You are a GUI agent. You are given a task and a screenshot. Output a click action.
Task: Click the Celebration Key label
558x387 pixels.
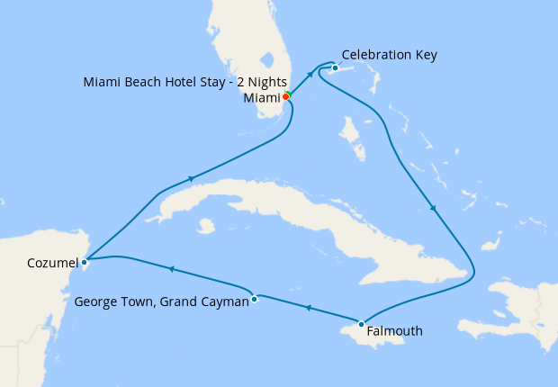click(390, 55)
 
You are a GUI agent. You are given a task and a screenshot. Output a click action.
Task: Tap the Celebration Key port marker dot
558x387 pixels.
click(335, 67)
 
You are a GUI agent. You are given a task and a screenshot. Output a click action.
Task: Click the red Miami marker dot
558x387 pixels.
click(285, 96)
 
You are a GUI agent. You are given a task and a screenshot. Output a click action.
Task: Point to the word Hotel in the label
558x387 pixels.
click(184, 82)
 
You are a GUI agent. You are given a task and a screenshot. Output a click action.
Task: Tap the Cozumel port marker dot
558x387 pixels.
click(84, 263)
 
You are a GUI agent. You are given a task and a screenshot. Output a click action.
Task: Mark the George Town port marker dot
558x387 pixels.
click(255, 299)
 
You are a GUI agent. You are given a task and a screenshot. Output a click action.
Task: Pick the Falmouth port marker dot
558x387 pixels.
click(361, 324)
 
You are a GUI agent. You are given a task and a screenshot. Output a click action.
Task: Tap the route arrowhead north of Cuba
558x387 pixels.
click(191, 179)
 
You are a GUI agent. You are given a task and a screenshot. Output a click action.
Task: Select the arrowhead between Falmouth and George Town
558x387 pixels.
click(308, 309)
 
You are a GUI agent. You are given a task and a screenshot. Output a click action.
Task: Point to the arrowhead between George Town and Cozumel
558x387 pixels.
click(170, 268)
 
